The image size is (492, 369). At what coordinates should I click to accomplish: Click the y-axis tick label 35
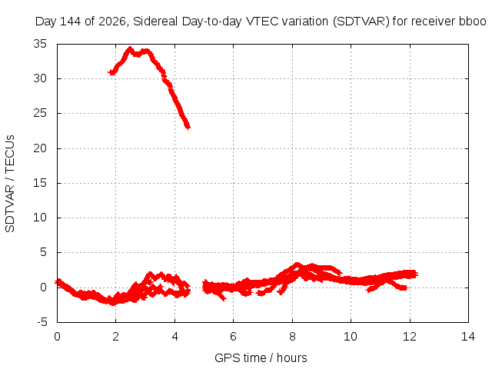pos(40,44)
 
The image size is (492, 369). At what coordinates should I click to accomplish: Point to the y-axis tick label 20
pos(40,148)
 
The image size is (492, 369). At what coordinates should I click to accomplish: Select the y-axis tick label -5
pos(42,322)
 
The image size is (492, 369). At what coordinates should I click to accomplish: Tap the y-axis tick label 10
pos(40,218)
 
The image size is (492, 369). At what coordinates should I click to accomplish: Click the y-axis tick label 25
pos(40,113)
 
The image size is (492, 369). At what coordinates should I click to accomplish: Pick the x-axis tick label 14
pos(468,337)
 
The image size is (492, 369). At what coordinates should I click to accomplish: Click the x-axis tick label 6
pos(233,337)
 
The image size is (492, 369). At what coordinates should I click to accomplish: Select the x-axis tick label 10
pos(351,337)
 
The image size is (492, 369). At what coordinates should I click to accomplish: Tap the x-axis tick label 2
pos(116,337)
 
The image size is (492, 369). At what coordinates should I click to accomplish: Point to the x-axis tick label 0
pos(57,337)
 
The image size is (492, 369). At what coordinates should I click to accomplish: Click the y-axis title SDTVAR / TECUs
pos(10,184)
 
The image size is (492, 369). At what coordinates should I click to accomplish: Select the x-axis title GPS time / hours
pos(261,357)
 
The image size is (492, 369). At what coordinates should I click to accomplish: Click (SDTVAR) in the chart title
pos(360,22)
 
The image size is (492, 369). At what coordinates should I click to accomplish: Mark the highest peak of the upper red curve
pos(130,48)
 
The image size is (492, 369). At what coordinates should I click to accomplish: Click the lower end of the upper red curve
pos(188,128)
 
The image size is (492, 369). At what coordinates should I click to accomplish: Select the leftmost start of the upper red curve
pos(110,72)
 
